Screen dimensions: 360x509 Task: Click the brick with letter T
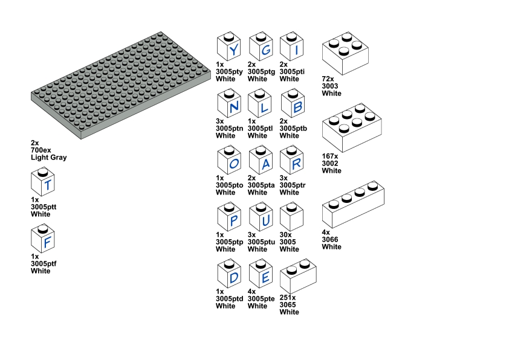(44, 183)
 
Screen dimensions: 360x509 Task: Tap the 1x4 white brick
(353, 204)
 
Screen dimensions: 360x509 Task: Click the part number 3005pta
(261, 185)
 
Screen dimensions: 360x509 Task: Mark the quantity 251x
(290, 298)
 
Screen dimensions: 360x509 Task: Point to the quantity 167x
(332, 156)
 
